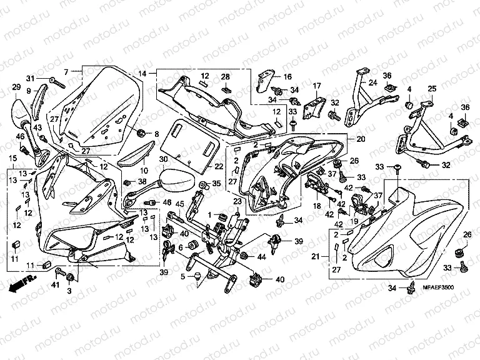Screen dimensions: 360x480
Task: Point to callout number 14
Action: [143, 74]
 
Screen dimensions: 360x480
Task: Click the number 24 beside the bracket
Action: [372, 82]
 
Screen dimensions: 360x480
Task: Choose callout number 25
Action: [431, 89]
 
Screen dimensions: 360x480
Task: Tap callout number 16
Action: [287, 77]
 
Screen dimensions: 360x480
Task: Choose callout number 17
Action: [317, 86]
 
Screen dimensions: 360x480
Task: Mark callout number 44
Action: [261, 257]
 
